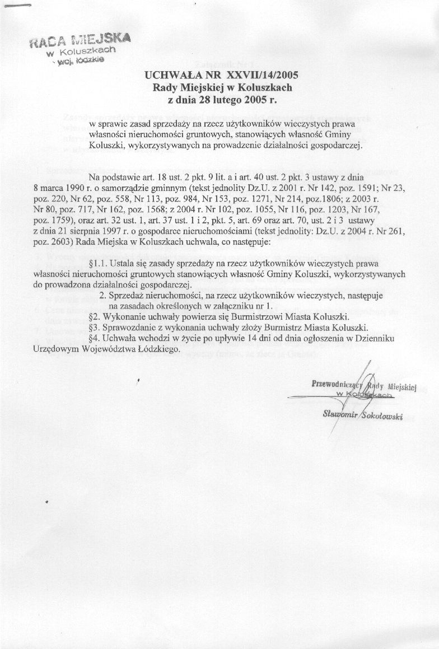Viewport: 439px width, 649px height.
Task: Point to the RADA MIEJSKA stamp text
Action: [81, 41]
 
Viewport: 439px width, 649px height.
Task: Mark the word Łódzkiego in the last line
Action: [161, 348]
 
